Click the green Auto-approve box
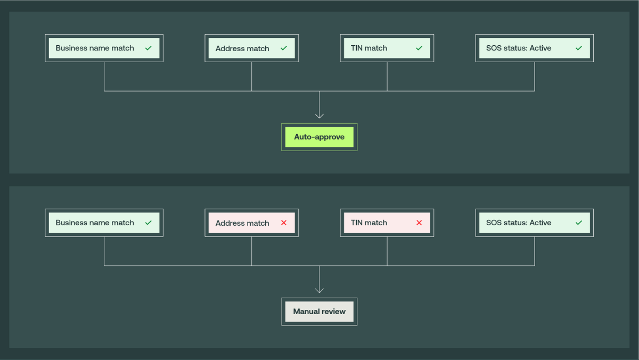319,137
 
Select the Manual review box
319,312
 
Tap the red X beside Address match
284,223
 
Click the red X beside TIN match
419,223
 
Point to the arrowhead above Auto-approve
319,115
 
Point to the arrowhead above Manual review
319,290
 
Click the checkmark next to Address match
284,48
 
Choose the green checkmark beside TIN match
419,48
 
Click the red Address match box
251,223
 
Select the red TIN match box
387,223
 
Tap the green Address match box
251,48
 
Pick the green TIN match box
387,48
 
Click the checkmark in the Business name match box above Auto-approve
149,48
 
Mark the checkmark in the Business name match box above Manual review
149,223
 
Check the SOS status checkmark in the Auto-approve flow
579,48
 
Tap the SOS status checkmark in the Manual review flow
579,223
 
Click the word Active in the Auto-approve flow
540,48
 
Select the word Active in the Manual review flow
540,223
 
